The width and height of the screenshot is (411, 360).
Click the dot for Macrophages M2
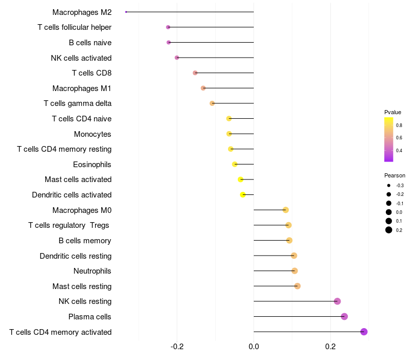(126, 12)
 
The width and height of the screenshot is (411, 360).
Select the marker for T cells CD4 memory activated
(364, 332)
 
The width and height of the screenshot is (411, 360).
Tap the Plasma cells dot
(344, 316)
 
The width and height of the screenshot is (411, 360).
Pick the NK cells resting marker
(337, 301)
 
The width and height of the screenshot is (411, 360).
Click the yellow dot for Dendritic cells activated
(243, 194)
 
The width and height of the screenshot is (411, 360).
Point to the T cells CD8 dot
(195, 73)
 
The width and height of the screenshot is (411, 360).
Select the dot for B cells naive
(169, 42)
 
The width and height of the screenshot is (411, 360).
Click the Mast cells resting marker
(297, 286)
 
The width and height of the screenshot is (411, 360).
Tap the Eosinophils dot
(235, 164)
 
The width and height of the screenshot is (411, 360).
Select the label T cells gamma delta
(78, 103)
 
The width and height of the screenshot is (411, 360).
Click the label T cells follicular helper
(74, 27)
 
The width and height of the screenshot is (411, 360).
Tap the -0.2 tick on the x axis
(177, 347)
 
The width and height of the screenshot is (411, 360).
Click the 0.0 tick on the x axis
(254, 347)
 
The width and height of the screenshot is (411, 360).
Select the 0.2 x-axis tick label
(330, 347)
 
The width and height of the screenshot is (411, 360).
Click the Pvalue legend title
(393, 112)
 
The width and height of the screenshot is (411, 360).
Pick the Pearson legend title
(395, 175)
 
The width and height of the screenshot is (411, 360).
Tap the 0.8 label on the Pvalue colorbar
(399, 125)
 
